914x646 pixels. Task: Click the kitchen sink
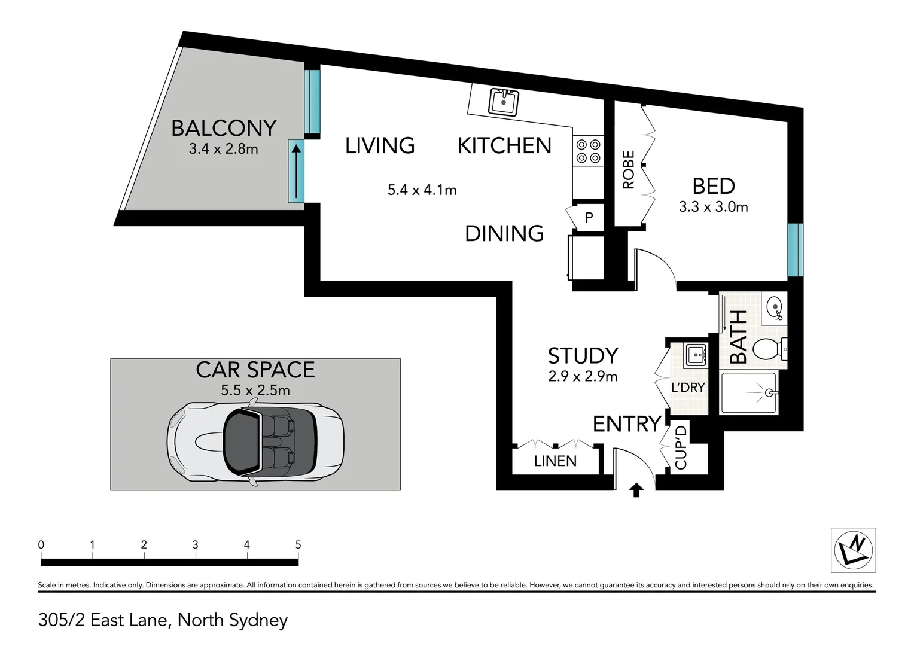point(504,102)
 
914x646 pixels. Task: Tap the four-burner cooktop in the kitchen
point(587,151)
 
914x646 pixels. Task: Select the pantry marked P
point(589,218)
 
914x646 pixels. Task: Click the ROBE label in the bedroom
point(628,170)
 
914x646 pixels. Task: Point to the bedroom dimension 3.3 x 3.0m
point(713,207)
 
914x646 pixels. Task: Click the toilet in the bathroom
point(769,348)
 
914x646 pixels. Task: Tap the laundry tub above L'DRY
point(696,355)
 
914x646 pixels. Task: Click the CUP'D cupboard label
point(681,447)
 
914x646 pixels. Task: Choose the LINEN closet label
point(555,461)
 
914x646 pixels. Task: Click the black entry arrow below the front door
point(636,490)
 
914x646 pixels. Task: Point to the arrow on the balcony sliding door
point(296,171)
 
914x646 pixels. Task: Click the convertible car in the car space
point(255,442)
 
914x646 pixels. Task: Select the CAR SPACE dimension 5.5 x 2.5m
point(255,391)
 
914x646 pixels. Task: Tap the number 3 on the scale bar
point(195,545)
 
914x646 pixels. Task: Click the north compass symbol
point(853,550)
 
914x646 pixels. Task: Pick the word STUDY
point(583,356)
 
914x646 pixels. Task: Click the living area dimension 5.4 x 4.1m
point(422,190)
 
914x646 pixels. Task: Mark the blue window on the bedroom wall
point(794,249)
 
